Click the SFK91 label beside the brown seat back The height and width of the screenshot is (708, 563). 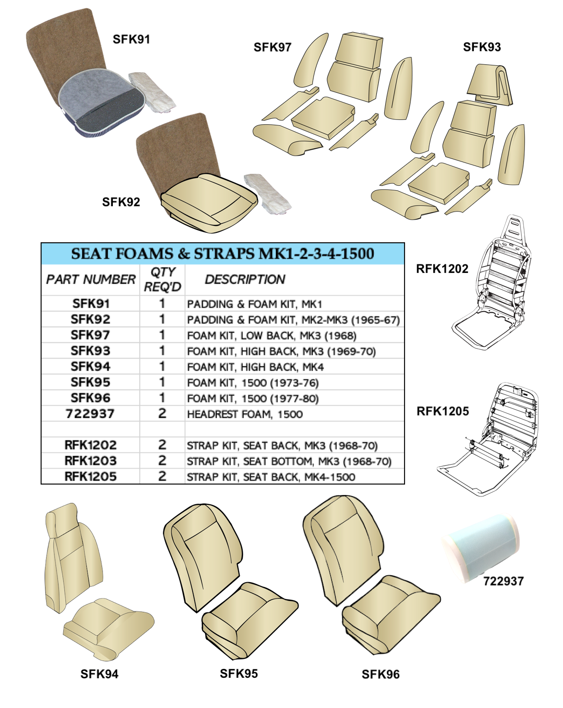coord(131,39)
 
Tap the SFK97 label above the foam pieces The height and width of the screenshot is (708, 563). coord(272,47)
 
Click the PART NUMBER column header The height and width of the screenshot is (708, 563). coord(91,279)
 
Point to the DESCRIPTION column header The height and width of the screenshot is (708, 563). coord(245,279)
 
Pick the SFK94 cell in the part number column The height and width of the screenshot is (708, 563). coord(91,367)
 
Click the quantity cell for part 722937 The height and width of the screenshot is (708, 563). coord(162,414)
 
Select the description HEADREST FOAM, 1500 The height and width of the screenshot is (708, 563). coord(245,414)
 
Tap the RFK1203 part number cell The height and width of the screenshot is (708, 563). coord(91,461)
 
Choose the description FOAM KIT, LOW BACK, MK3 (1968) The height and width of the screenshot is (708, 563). coord(272,335)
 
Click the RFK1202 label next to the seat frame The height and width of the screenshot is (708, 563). coord(442,269)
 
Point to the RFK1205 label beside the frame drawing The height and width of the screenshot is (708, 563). coord(443,411)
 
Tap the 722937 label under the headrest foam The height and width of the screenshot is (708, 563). coord(503,590)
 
